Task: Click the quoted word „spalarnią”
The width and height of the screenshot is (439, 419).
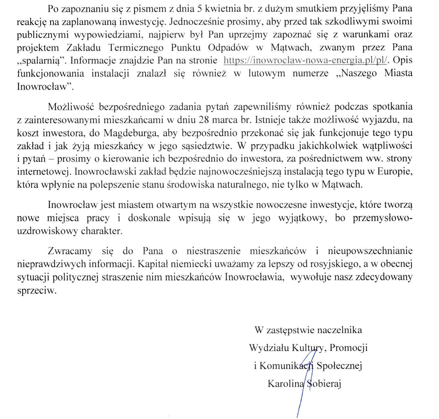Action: pyautogui.click(x=40, y=61)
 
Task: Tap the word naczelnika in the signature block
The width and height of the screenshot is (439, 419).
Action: pyautogui.click(x=341, y=330)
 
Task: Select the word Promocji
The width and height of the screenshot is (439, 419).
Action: pyautogui.click(x=348, y=348)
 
